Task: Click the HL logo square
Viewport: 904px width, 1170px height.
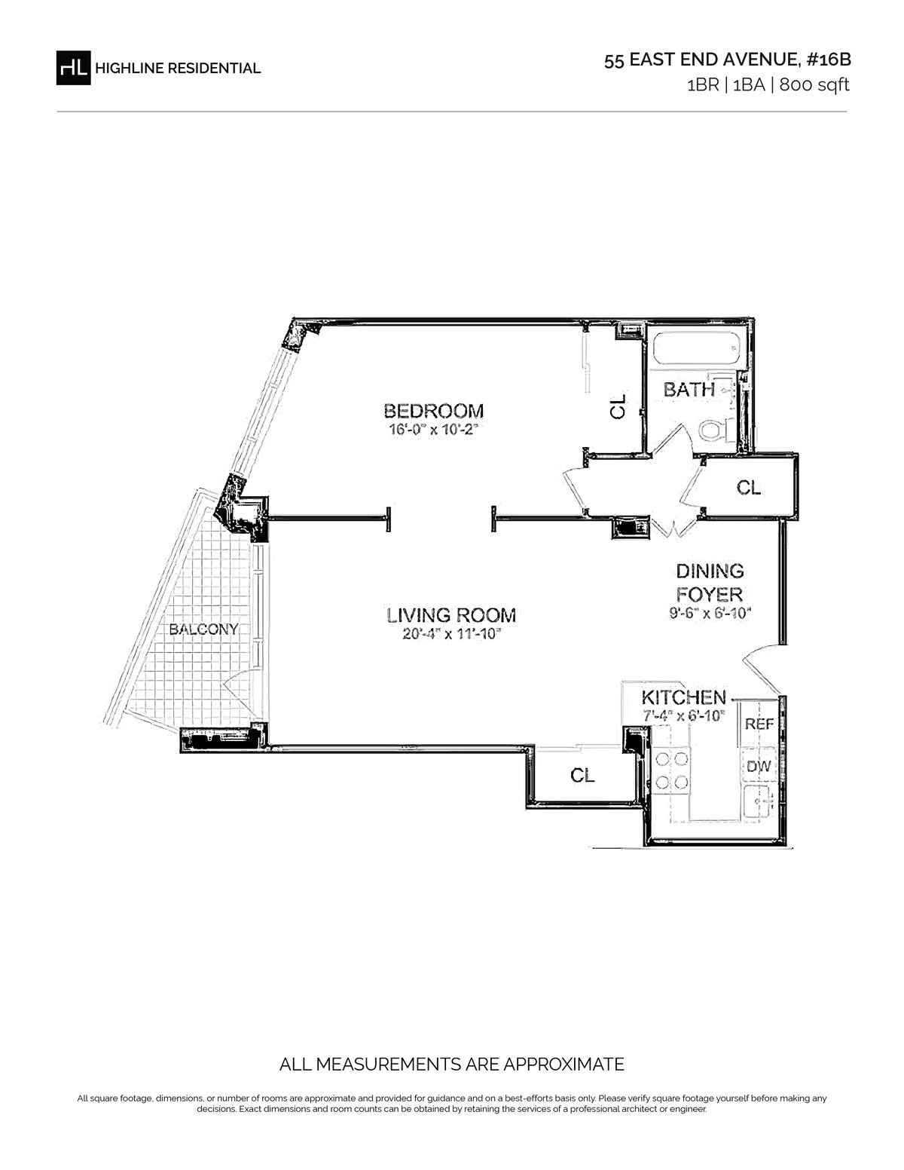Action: coord(73,68)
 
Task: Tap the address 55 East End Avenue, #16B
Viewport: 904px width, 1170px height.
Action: coord(728,60)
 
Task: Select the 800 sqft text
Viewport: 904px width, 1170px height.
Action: coord(814,85)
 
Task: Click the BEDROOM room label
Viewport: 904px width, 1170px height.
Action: coord(433,411)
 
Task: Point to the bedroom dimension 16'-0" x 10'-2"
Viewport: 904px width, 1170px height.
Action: coord(433,430)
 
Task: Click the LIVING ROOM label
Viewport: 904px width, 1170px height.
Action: coord(451,615)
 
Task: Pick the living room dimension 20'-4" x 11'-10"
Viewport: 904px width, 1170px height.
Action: coord(452,635)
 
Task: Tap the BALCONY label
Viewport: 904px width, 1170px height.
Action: coord(203,629)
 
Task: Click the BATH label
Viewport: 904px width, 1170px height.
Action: coord(689,389)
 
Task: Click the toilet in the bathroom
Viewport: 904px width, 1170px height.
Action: coord(716,430)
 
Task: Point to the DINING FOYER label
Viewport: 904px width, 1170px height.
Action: coord(710,583)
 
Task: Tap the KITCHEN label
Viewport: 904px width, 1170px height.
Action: coord(683,698)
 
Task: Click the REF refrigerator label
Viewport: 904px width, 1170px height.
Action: coord(759,724)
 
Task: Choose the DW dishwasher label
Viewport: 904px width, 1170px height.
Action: coord(759,766)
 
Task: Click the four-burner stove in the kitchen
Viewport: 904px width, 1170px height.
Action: coord(672,770)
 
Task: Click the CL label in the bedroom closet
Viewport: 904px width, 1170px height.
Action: coord(618,406)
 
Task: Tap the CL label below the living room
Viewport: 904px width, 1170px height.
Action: coord(582,775)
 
